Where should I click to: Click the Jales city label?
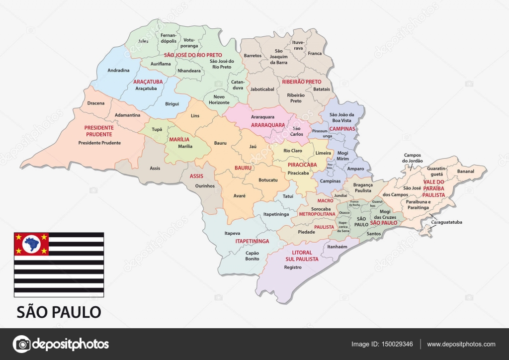(x=143, y=41)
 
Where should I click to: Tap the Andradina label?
(x=118, y=71)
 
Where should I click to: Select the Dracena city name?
(x=96, y=103)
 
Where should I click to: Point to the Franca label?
(x=315, y=53)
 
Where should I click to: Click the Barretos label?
(x=253, y=56)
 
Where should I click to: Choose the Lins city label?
(x=195, y=115)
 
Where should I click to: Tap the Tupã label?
(x=157, y=129)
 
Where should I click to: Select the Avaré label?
(x=239, y=195)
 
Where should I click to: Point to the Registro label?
(x=293, y=267)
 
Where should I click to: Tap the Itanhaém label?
(x=337, y=246)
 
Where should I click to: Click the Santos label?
(x=373, y=233)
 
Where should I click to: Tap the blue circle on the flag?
(x=32, y=244)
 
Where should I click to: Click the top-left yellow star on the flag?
(x=19, y=237)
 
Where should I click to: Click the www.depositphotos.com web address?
(x=461, y=344)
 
